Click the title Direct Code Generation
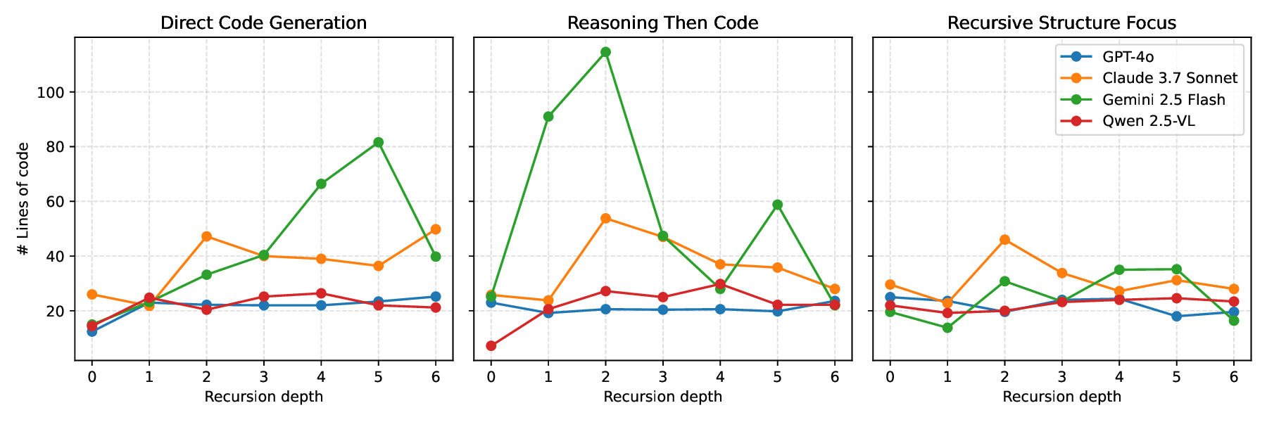coord(263,23)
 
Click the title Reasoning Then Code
coord(662,23)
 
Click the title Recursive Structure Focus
coord(1061,23)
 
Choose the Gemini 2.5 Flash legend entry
coord(1164,100)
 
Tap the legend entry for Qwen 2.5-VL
coord(1149,121)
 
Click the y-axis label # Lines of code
coord(24,198)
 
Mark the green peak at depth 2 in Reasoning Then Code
coord(605,52)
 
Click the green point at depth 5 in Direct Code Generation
coord(378,142)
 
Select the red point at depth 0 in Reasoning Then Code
coord(491,346)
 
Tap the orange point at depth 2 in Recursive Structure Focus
coord(1004,240)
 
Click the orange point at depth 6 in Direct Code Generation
coord(436,229)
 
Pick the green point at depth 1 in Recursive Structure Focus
coord(947,328)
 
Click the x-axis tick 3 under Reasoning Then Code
coord(662,377)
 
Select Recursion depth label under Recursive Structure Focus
coord(1061,397)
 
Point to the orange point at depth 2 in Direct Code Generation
coord(206,236)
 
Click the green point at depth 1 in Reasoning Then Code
coord(548,117)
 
